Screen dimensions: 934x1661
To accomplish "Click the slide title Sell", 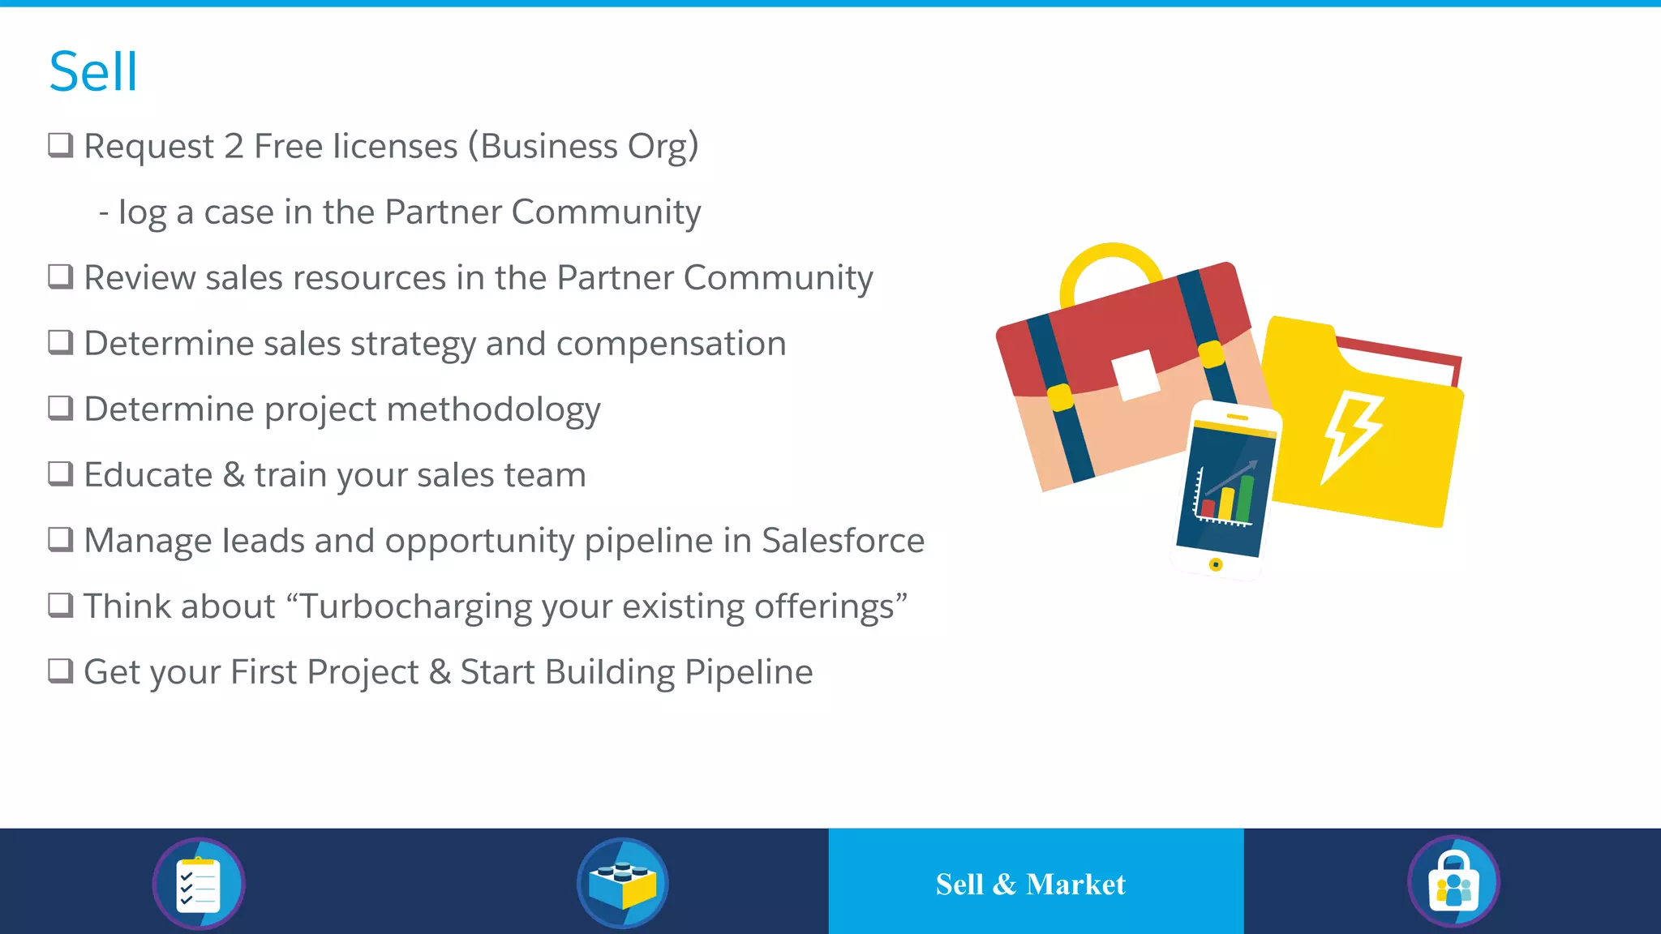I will coord(93,72).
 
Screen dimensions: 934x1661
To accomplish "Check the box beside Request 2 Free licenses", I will coord(61,145).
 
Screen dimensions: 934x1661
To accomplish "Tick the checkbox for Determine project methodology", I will coord(61,408).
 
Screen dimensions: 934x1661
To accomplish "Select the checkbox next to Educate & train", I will coord(61,473).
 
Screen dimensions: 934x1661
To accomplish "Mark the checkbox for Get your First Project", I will coord(61,671).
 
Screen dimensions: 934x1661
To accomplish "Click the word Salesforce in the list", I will coord(843,541).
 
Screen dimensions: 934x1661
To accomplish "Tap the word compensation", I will coord(671,345).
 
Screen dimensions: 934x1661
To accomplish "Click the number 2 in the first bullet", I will coord(234,147).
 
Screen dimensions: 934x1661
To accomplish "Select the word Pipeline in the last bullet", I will coord(748,672).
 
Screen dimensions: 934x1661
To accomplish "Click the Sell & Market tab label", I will coord(1031,884).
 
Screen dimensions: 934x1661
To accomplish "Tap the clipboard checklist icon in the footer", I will coord(199,884).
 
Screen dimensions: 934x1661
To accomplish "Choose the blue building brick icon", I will coord(622,884).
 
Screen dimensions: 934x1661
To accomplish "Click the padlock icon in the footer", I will coord(1453,882).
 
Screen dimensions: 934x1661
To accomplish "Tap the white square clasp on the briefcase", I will coord(1135,375).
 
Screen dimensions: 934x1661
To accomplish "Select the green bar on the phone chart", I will coord(1244,499).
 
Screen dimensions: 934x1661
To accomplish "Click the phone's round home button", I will coord(1215,564).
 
